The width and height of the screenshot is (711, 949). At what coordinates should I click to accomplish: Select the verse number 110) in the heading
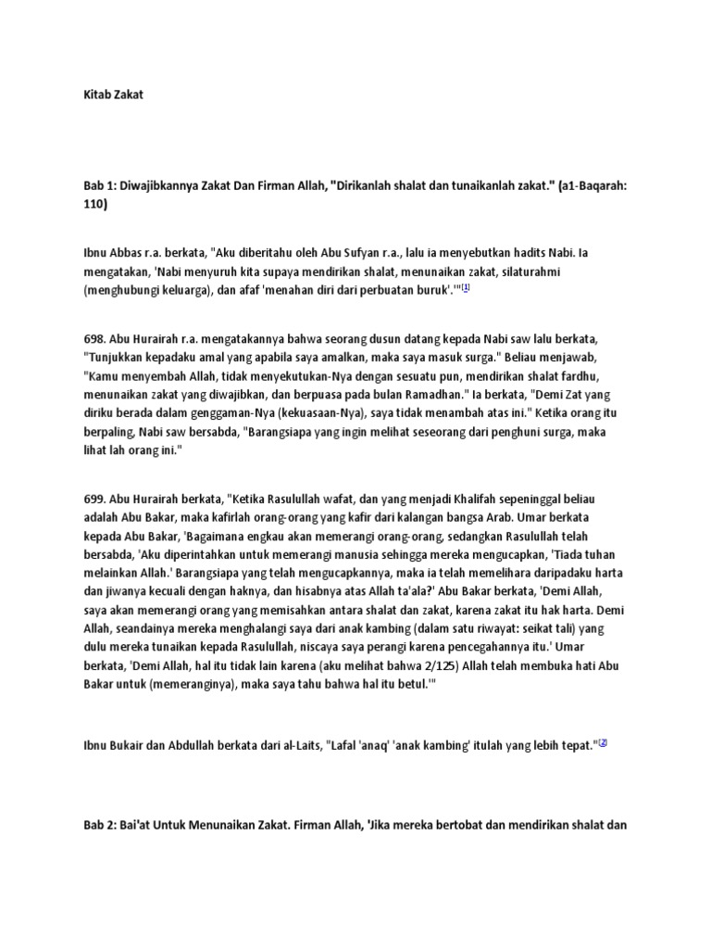coord(96,206)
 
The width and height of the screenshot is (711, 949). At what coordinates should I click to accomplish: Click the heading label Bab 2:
coord(101,828)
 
